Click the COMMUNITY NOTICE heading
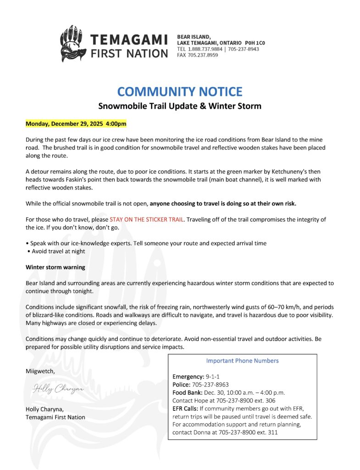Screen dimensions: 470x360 180,91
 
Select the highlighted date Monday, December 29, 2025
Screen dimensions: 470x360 76,124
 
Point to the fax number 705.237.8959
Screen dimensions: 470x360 202,55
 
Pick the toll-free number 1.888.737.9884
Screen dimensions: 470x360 205,49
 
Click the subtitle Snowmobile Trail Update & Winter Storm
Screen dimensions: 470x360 180,106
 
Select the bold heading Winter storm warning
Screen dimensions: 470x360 55,267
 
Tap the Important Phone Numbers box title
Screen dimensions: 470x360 242,361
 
